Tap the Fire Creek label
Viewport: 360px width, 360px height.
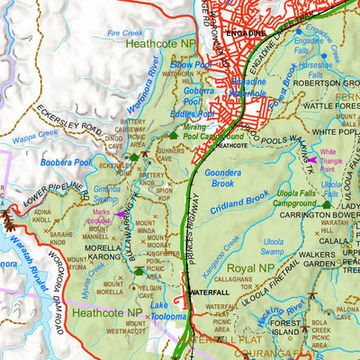(124, 32)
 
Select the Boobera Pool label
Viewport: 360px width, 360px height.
(65, 162)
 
